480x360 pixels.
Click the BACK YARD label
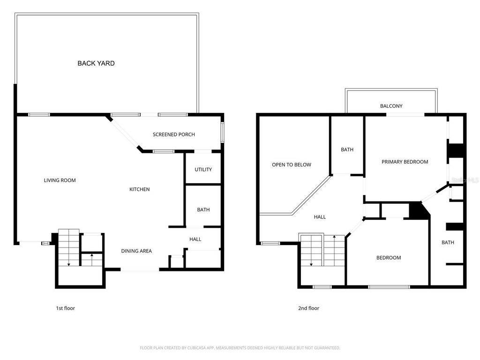click(96, 63)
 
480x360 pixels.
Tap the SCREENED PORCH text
click(173, 135)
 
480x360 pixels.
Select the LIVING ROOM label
click(60, 180)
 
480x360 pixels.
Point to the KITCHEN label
click(139, 189)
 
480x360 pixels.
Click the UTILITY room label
click(203, 170)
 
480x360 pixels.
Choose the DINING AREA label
click(136, 251)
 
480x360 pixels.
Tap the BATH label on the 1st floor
click(203, 210)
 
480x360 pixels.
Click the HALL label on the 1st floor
click(195, 240)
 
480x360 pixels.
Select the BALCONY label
click(391, 106)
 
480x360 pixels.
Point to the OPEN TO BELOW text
click(292, 165)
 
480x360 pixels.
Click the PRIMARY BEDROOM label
click(405, 162)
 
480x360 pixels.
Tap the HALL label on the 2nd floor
click(320, 217)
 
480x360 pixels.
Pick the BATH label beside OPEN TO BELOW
click(347, 150)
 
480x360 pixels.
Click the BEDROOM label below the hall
click(389, 258)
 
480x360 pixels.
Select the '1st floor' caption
click(65, 308)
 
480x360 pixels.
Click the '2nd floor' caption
click(308, 308)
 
